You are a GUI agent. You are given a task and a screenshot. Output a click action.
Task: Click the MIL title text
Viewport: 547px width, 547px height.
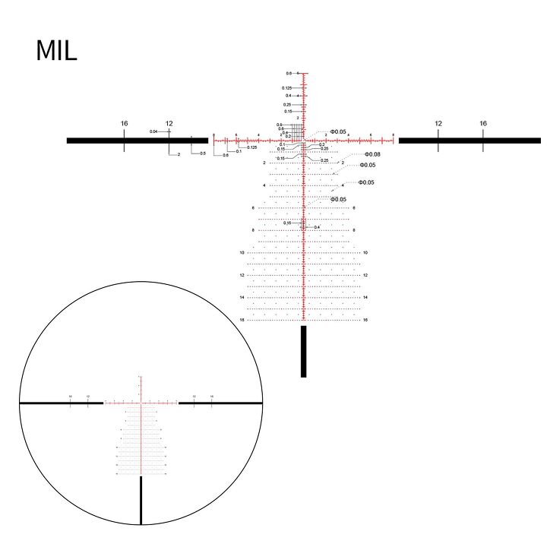coord(56,52)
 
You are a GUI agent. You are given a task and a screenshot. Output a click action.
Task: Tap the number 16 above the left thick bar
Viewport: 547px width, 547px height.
coord(124,123)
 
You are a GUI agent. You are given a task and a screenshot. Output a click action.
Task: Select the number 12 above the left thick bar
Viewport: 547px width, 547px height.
coord(169,123)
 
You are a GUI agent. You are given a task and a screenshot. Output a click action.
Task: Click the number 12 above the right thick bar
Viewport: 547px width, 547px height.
coord(438,123)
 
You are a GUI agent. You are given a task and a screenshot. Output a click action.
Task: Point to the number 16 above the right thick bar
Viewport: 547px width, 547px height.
coord(483,123)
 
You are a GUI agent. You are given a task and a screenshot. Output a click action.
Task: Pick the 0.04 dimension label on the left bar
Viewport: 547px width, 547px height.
coord(153,131)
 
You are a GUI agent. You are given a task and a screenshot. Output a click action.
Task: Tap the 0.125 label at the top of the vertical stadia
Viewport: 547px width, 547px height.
coord(286,88)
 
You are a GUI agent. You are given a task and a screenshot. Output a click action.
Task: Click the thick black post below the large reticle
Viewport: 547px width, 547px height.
coord(303,350)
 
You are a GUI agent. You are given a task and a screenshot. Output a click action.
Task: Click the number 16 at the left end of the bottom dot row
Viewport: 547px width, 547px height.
coord(242,320)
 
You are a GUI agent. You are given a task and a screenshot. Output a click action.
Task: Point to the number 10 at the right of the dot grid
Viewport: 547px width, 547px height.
coord(365,252)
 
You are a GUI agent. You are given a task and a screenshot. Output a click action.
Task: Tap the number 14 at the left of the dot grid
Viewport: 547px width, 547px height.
coord(242,297)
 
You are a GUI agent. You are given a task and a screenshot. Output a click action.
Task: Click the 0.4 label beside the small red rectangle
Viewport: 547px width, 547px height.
coord(317,227)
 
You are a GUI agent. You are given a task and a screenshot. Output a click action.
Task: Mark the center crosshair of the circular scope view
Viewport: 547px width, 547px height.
coord(141,402)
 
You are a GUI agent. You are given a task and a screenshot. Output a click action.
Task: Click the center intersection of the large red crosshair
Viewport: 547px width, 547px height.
coord(303,141)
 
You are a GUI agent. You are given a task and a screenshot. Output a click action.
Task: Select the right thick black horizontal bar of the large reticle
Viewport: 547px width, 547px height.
coord(469,141)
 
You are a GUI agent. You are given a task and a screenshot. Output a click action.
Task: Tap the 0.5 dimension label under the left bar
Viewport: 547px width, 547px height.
coord(202,153)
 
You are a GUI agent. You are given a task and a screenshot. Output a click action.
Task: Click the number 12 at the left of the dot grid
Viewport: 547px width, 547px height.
coord(242,275)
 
